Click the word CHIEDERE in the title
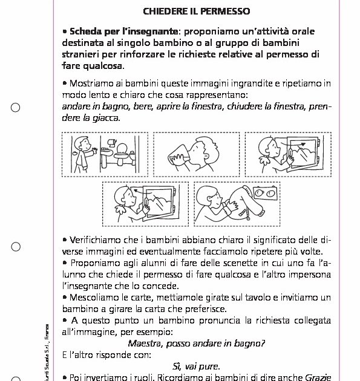tap(164, 11)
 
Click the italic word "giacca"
tap(106, 118)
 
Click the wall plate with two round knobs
tap(267, 194)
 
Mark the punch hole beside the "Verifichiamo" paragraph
tap(16, 247)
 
